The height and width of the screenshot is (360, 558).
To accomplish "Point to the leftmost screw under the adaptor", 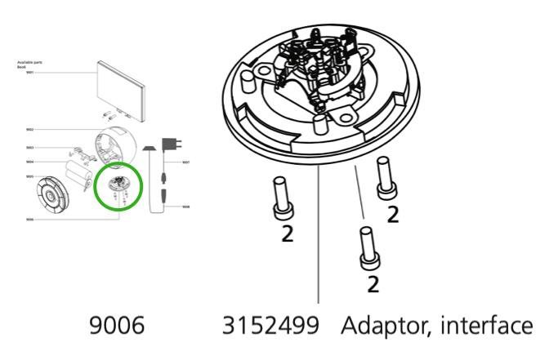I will pos(282,198).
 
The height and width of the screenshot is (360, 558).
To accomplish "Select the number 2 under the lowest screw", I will pos(373,283).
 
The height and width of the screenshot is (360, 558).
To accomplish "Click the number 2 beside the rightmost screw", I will pos(392,215).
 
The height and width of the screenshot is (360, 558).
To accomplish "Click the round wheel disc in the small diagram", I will pos(52,195).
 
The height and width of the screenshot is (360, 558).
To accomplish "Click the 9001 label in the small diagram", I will pos(29,73).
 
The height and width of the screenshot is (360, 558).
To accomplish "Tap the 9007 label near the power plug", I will pos(186,162).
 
